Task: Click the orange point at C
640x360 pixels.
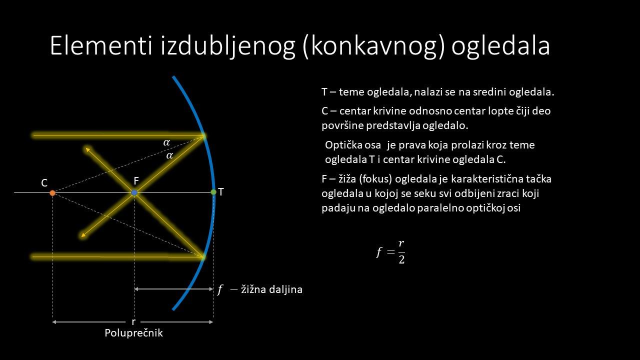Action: (x=52, y=193)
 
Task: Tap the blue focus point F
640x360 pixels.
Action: (x=134, y=193)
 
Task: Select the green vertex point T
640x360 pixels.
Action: (x=213, y=192)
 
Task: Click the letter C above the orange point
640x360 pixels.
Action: (x=44, y=183)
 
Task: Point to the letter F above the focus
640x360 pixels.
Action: (x=136, y=181)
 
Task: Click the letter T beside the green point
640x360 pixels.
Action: (x=221, y=192)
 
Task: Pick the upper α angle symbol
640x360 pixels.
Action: (x=166, y=142)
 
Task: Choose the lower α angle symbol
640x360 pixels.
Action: (x=169, y=155)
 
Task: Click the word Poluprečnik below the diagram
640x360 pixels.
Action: (x=133, y=333)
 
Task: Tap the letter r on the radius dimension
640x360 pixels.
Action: (x=133, y=322)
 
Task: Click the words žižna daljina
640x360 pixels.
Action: (x=271, y=289)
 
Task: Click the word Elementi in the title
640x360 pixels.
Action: (x=101, y=45)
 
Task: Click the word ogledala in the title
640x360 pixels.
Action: (x=500, y=47)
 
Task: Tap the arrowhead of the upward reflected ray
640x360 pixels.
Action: (x=87, y=149)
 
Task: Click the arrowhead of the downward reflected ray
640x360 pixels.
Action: (x=83, y=235)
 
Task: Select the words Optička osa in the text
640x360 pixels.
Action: (x=353, y=145)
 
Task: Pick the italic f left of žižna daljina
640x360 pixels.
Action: (x=219, y=289)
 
